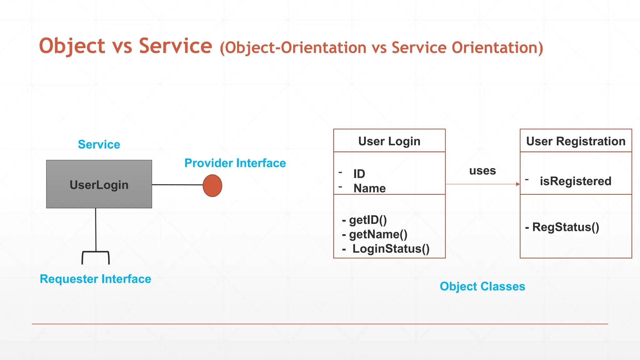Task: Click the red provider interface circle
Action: pos(212,186)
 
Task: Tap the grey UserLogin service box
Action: pos(99,184)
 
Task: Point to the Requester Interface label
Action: pos(95,279)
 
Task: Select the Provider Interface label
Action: pos(235,163)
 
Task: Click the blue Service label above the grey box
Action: pos(99,144)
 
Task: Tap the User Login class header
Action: pos(389,141)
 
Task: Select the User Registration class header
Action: pos(576,141)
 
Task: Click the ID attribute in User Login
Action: pos(359,174)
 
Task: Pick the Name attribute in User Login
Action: pos(369,188)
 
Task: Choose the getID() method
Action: pos(368,220)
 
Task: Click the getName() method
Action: pos(378,234)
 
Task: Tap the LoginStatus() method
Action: pos(391,249)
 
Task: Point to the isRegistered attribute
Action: pos(575,181)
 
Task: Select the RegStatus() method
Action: pos(565,227)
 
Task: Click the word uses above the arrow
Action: pos(482,171)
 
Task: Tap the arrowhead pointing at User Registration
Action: pos(518,184)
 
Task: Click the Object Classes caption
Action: pos(482,286)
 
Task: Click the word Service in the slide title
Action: pos(175,46)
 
